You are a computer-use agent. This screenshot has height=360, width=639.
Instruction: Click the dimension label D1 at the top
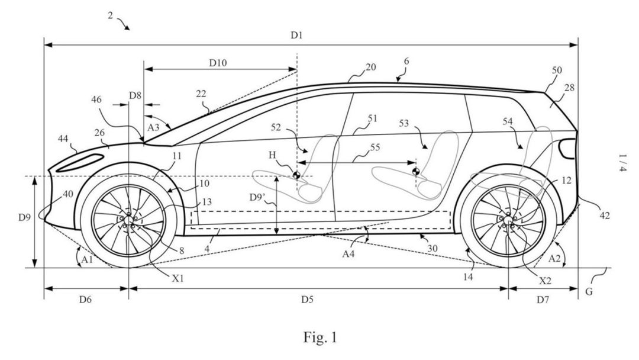click(296, 36)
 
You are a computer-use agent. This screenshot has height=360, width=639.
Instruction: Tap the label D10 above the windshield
click(218, 63)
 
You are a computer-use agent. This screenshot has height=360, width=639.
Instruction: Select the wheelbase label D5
click(307, 300)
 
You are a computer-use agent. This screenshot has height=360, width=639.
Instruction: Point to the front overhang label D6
click(85, 300)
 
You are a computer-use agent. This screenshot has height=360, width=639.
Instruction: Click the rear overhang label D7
click(543, 300)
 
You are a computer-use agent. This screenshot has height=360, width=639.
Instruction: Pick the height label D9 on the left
click(24, 218)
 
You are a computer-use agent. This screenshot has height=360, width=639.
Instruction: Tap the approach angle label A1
click(87, 260)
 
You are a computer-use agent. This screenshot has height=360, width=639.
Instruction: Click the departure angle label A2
click(554, 259)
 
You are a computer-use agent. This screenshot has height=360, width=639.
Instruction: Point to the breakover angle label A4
click(348, 254)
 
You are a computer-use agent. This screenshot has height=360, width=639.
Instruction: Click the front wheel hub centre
click(128, 221)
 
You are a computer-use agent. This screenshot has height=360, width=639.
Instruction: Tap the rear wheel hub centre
click(508, 220)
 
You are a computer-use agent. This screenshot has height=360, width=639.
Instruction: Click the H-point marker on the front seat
click(296, 175)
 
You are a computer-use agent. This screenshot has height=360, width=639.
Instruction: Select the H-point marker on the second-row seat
click(416, 172)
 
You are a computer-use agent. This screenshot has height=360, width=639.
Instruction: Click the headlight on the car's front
click(80, 163)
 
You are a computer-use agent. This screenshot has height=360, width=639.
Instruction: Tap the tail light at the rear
click(567, 149)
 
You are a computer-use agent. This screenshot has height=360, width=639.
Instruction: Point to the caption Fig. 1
click(320, 337)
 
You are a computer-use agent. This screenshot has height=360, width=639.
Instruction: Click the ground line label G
click(589, 292)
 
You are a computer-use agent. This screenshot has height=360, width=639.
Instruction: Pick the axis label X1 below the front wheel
click(177, 278)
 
